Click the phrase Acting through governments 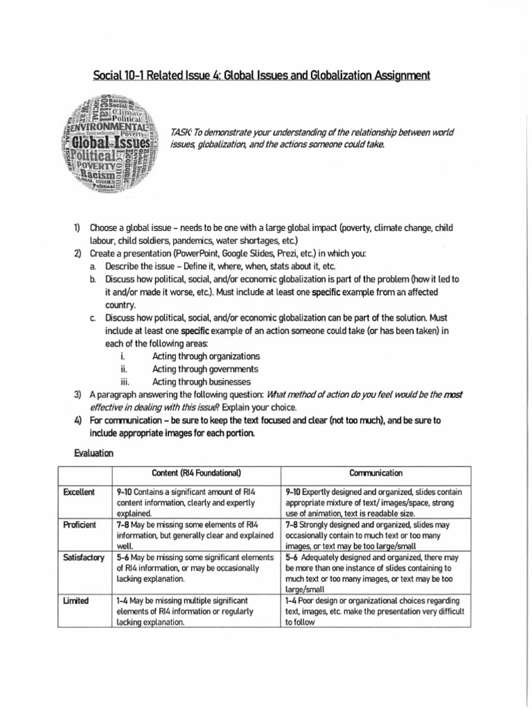pos(195,369)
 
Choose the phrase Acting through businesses pos(192,381)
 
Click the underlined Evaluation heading pos(94,453)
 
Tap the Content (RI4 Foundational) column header pos(196,473)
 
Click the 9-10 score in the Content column pos(126,492)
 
